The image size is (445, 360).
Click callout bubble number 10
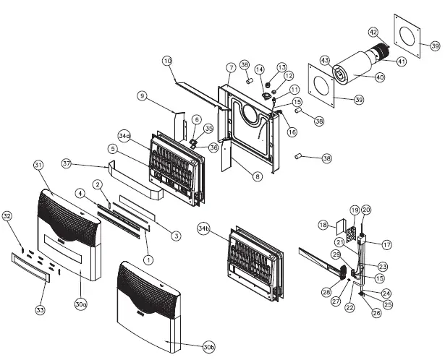pyautogui.click(x=167, y=60)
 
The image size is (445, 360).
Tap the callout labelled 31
pyautogui.click(x=38, y=166)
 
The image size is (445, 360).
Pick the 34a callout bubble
pyautogui.click(x=124, y=135)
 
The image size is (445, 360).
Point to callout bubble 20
pyautogui.click(x=366, y=210)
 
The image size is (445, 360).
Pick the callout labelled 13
pyautogui.click(x=281, y=67)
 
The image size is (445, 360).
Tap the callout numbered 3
pyautogui.click(x=176, y=235)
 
